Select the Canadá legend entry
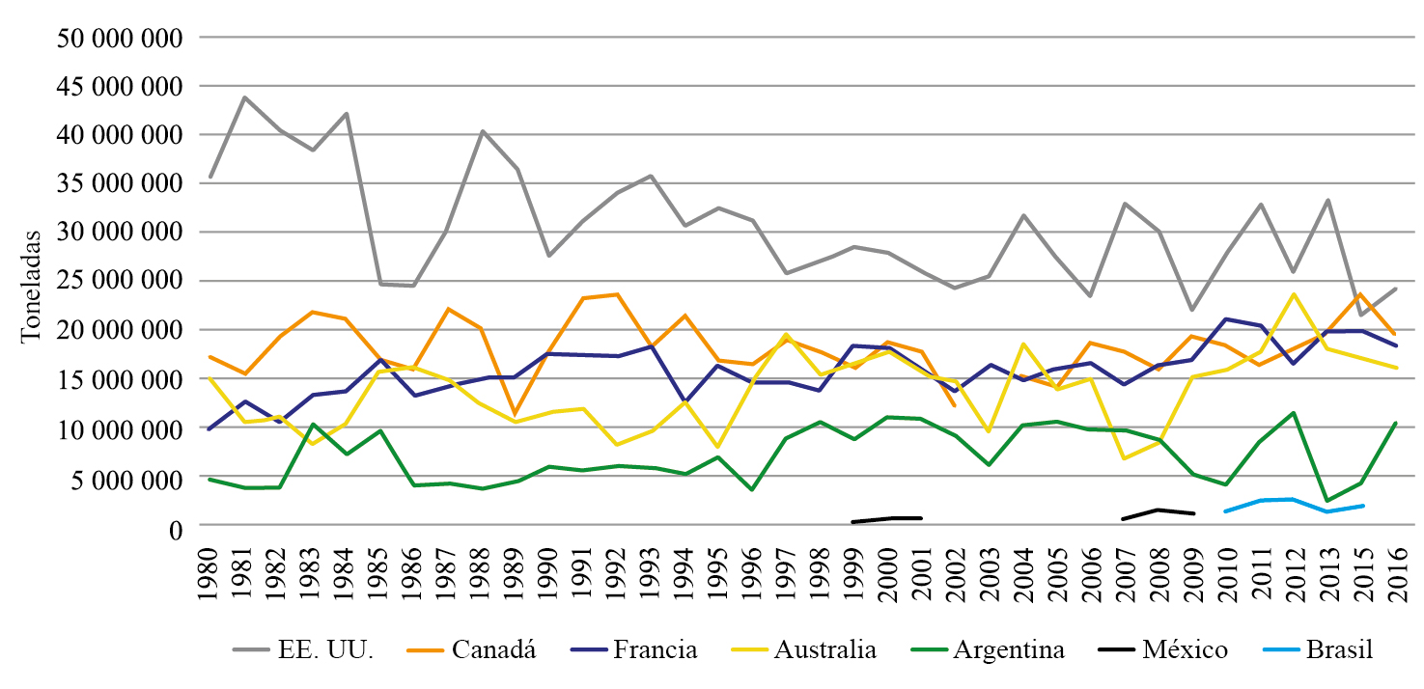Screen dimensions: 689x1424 pos(489,649)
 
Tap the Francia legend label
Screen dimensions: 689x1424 pos(656,649)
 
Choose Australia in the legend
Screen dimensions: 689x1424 pos(824,649)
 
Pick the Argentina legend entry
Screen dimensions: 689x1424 pos(1008,649)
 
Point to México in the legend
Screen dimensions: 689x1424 pos(1185,649)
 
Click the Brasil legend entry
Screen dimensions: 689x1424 pos(1338,649)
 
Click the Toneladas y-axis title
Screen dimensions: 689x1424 pos(32,286)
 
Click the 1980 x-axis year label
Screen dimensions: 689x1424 pos(210,573)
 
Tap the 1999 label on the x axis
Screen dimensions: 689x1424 pos(853,573)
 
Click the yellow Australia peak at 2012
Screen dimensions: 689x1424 pos(1292,294)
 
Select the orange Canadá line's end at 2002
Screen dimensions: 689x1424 pos(954,405)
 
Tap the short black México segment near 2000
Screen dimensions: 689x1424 pos(887,519)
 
